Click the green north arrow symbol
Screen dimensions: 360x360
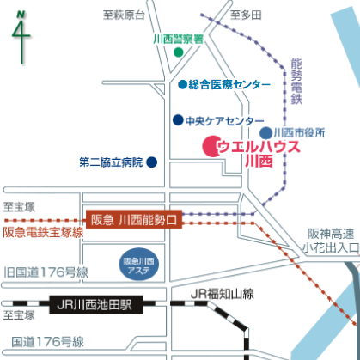[21, 37]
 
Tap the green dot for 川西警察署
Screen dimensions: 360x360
[179, 52]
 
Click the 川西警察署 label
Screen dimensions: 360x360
[178, 39]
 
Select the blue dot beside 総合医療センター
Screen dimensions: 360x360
[182, 84]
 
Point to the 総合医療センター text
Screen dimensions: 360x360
[229, 85]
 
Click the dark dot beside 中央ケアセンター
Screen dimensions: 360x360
[178, 120]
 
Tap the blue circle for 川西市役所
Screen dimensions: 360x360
[265, 133]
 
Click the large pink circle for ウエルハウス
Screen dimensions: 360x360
[212, 146]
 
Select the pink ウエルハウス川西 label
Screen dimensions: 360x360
[259, 154]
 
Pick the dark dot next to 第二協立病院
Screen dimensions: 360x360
[152, 162]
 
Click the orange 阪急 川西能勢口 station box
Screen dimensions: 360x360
[134, 220]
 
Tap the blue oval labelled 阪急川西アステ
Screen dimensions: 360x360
[138, 264]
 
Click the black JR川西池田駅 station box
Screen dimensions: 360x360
[96, 305]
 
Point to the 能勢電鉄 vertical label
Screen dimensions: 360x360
[296, 82]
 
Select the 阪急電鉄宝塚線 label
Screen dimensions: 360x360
[43, 232]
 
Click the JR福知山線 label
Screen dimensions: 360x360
[223, 294]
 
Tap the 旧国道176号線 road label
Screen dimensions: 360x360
[46, 272]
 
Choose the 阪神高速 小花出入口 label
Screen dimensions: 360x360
[331, 241]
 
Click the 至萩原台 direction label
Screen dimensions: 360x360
[124, 15]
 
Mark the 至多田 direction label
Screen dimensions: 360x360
[246, 15]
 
